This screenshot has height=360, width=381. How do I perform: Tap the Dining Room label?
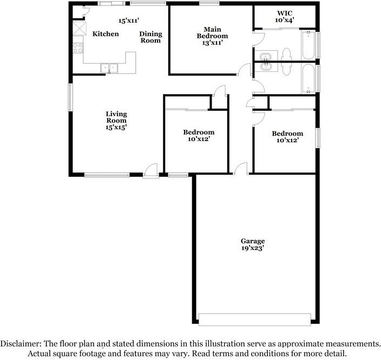click(150, 37)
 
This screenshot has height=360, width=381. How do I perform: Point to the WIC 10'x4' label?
click(284, 16)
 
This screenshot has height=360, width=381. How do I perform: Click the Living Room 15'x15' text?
click(116, 121)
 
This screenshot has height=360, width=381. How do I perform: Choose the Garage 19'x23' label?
click(253, 244)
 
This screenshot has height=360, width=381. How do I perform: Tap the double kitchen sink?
click(110, 68)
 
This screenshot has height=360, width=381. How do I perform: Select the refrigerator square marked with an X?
click(80, 29)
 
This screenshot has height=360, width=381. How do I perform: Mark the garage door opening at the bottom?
click(255, 319)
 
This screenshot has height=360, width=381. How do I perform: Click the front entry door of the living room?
click(150, 172)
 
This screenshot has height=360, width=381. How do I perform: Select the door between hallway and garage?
click(240, 169)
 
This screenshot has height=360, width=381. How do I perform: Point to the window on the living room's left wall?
click(70, 97)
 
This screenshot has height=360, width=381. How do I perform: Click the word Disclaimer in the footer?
click(19, 343)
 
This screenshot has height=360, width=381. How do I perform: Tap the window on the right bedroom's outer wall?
click(318, 137)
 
